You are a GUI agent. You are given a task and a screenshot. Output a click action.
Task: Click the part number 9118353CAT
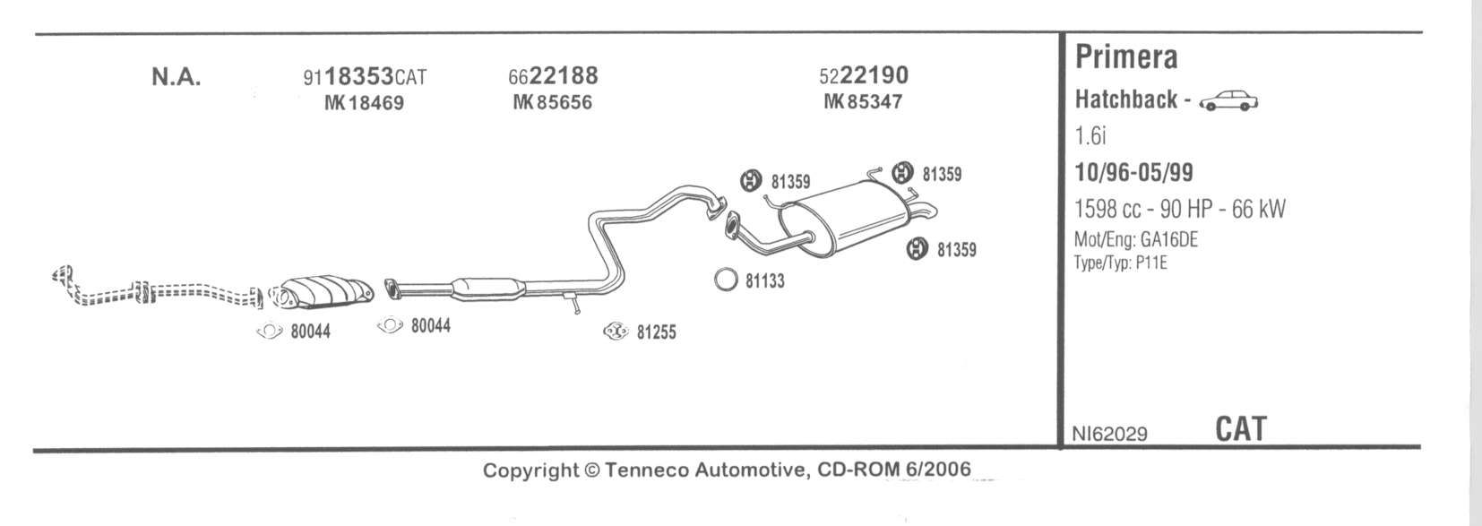click(365, 77)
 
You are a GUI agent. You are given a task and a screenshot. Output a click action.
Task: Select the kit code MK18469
click(364, 103)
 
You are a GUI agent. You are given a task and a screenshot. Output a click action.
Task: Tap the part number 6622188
click(552, 75)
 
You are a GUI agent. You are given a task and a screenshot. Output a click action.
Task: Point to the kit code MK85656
click(552, 102)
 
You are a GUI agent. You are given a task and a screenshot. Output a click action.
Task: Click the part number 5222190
click(863, 75)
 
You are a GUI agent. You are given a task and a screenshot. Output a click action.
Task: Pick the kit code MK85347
click(863, 102)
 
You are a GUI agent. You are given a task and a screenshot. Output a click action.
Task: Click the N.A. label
click(176, 77)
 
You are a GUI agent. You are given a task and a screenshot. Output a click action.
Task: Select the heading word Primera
click(1126, 57)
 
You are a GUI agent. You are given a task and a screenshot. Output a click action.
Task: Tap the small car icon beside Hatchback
click(1228, 101)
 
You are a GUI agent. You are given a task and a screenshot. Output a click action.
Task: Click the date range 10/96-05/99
click(1133, 172)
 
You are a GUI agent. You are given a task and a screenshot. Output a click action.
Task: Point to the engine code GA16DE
click(1168, 240)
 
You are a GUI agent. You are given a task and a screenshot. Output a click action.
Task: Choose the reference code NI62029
click(1109, 434)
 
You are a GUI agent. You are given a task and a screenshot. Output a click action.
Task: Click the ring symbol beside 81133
click(726, 280)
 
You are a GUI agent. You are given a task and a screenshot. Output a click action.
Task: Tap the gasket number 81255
click(656, 332)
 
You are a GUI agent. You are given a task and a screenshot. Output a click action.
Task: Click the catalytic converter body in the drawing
click(323, 290)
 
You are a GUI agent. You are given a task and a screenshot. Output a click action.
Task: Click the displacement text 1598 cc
click(1107, 209)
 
